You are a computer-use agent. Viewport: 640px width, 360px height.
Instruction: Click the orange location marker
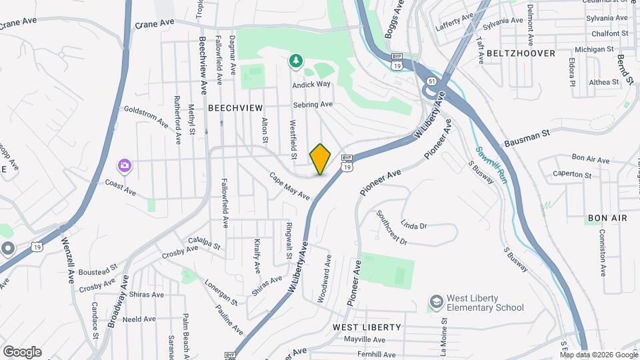[x=321, y=159]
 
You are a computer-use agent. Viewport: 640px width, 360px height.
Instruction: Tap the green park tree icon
[x=295, y=61]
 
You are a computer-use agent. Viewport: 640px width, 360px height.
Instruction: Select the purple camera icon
[x=124, y=165]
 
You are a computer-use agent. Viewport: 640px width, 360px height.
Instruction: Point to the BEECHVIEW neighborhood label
[x=235, y=107]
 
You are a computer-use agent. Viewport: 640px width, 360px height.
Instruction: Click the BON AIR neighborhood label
[x=607, y=218]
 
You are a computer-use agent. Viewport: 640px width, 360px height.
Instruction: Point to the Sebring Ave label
[x=312, y=105]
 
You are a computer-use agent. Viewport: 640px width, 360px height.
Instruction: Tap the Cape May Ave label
[x=290, y=186]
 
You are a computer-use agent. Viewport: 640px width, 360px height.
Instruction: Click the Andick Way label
[x=311, y=85]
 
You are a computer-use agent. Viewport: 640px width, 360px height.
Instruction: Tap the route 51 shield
[x=432, y=81]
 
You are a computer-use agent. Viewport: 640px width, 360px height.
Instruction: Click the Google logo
[x=22, y=352]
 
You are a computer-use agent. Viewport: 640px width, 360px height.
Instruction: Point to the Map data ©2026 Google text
[x=599, y=355]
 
